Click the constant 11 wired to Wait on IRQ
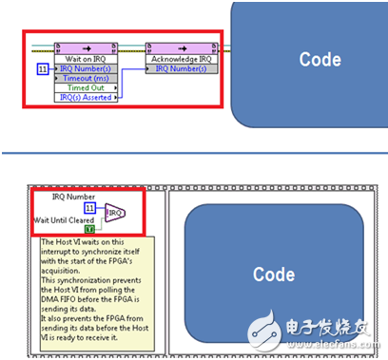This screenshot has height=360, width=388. click(x=42, y=69)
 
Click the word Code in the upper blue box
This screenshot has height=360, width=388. click(x=320, y=59)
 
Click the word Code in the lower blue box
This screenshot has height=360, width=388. click(x=273, y=275)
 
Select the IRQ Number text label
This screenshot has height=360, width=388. click(x=75, y=197)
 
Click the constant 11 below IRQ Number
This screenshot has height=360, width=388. click(x=89, y=207)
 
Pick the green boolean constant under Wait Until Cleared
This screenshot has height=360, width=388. click(x=88, y=229)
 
